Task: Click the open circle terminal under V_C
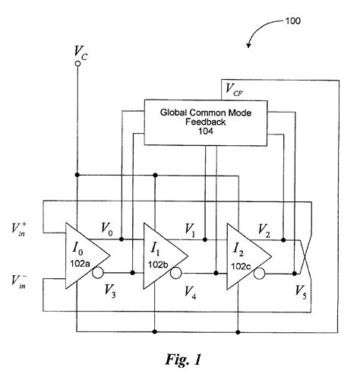(77, 65)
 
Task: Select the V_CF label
(235, 90)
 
